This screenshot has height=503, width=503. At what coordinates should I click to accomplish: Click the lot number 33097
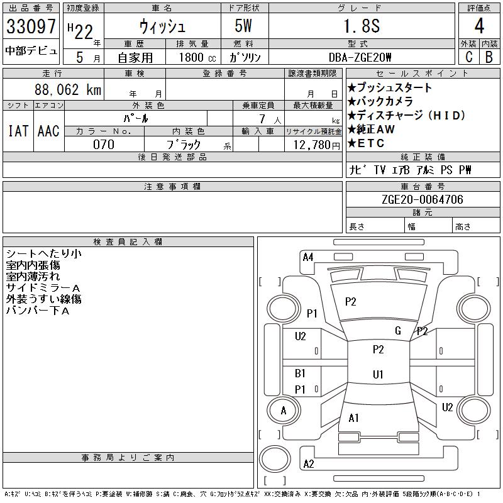31,27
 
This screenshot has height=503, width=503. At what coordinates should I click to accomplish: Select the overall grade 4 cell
479,26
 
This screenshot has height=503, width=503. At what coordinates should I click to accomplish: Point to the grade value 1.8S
360,26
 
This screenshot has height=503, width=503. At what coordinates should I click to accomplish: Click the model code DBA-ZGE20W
360,57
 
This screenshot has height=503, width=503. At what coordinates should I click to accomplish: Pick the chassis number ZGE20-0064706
423,200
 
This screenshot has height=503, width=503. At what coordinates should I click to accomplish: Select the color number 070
104,145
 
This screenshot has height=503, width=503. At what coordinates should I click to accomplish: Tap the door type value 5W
245,26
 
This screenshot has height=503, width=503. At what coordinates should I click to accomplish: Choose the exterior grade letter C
468,57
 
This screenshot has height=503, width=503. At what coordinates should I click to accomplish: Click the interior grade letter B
489,57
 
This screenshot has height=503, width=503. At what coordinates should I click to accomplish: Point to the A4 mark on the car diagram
307,257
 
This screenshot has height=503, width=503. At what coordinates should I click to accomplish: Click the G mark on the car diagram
398,331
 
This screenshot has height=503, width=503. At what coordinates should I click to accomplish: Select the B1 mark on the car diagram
300,373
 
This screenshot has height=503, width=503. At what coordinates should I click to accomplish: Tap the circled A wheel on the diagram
283,411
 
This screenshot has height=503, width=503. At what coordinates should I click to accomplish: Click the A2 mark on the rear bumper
308,464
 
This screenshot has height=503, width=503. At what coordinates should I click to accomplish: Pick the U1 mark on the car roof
378,375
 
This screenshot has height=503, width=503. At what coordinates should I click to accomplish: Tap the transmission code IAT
18,131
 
